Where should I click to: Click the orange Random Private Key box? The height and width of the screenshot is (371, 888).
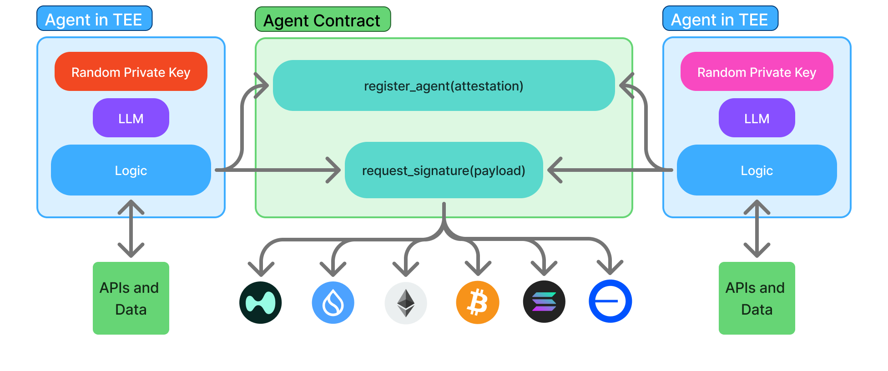pos(131,72)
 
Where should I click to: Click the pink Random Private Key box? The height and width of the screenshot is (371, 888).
pos(757,72)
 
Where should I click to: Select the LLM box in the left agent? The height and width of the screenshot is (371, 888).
pos(131,118)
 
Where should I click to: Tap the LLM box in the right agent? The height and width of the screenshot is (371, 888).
pos(757,118)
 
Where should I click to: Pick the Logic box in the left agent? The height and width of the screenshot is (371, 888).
pos(131,170)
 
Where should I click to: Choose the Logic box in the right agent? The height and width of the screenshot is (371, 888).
pos(757,170)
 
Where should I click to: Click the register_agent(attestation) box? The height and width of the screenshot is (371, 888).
pos(444,86)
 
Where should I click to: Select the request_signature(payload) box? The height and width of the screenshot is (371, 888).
pos(444,170)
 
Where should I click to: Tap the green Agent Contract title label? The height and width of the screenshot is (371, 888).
pos(322,20)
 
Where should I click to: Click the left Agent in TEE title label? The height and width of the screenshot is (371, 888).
pos(94,19)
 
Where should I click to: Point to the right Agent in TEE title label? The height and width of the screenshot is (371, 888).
pos(720,19)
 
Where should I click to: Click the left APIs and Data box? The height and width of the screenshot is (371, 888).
pos(131,298)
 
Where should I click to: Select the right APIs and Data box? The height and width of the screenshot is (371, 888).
pos(757,298)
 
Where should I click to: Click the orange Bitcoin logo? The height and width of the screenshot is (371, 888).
pos(478,302)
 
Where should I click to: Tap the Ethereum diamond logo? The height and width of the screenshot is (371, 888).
pos(406,303)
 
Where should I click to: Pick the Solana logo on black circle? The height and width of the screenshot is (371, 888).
pos(544,302)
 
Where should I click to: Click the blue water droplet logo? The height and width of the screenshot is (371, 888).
pos(333,303)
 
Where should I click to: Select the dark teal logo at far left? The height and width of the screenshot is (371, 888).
pos(261,303)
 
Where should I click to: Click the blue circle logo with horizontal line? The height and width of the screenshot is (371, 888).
pos(610,301)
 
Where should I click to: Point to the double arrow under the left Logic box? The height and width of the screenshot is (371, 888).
pos(131,229)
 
